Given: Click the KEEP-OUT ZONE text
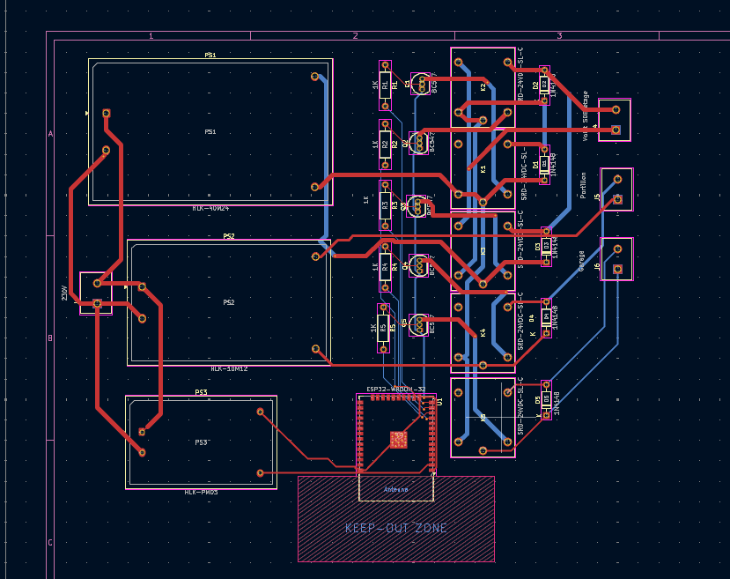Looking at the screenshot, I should click(396, 528).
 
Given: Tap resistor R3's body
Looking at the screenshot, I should click(385, 204).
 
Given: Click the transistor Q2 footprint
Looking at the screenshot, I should click(420, 143).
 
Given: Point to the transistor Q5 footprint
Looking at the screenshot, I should click(419, 325).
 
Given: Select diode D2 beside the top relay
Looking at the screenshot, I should click(545, 85).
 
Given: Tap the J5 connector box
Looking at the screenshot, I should click(616, 189).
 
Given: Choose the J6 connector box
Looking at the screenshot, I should click(616, 259).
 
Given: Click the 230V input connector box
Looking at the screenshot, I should click(96, 293).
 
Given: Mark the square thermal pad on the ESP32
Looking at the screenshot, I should click(398, 439).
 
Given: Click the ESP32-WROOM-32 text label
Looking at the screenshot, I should click(395, 389).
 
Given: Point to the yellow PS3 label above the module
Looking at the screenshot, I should click(201, 392).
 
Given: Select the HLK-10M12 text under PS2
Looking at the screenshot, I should click(228, 368).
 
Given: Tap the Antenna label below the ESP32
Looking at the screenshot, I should click(396, 489).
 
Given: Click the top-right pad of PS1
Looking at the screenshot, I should click(315, 77).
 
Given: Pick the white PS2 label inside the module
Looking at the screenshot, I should click(228, 302).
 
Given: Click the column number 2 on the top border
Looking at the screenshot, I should click(355, 35).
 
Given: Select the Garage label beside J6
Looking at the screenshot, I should click(582, 263).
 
